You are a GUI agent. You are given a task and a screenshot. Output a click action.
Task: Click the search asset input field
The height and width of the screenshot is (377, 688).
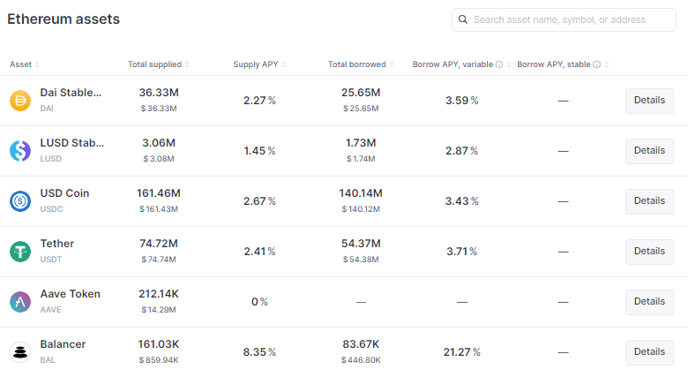[x=564, y=19]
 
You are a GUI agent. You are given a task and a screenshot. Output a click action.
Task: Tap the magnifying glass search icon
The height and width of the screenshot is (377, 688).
[x=463, y=19]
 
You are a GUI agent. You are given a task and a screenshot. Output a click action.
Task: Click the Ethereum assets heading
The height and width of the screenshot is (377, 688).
[x=64, y=19]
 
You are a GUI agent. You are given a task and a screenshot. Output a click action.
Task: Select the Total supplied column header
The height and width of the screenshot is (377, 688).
[x=155, y=64]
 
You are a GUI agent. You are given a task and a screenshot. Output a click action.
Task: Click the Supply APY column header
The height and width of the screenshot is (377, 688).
[x=256, y=64]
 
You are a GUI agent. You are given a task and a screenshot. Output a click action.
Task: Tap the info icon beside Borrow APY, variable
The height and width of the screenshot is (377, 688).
[x=499, y=64]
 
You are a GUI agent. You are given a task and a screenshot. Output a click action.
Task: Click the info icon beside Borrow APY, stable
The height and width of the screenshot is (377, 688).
[x=597, y=64]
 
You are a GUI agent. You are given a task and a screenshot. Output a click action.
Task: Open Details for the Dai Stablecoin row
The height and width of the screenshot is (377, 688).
[x=649, y=101]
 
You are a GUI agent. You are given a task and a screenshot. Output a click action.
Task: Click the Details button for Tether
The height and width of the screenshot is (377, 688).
[x=649, y=252]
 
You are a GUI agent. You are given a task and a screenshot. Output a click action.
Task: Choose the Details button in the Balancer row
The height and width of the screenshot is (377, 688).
[x=649, y=352]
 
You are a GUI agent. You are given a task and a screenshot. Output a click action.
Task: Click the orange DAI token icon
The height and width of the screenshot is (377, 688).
[x=20, y=101]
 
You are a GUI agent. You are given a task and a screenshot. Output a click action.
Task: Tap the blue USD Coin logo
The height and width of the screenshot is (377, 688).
[x=20, y=201]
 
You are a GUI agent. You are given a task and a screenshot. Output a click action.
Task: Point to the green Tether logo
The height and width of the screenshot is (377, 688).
[x=20, y=252]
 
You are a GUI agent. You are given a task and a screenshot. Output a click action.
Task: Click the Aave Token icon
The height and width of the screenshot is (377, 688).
[x=20, y=302]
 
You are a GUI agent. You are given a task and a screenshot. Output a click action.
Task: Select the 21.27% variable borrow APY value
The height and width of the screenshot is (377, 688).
[x=461, y=352]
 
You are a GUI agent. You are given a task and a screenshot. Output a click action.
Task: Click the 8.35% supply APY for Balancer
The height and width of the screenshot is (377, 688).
[x=259, y=352]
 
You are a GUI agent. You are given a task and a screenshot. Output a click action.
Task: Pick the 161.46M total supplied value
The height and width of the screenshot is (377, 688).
[x=159, y=193]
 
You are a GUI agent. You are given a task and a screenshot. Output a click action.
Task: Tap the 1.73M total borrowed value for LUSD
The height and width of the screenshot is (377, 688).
[x=361, y=143]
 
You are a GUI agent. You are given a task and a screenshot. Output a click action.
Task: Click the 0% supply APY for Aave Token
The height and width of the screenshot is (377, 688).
[x=259, y=302]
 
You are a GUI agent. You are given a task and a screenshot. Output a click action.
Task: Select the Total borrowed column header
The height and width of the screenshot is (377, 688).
[x=357, y=64]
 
